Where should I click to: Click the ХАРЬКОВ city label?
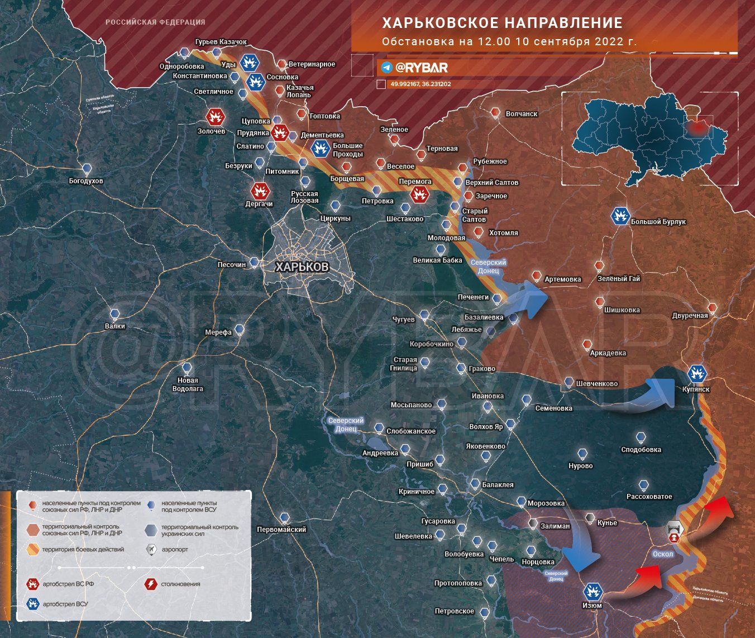tap(302, 267)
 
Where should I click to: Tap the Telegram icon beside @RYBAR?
tap(386, 68)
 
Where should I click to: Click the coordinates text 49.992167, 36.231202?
tap(420, 84)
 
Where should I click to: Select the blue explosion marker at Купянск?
tap(697, 373)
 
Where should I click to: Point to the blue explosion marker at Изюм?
tap(592, 591)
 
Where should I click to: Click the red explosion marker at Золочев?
tap(215, 117)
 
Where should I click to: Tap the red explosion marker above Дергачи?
tap(260, 191)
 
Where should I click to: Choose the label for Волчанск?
tap(521, 114)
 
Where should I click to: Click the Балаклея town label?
tap(498, 485)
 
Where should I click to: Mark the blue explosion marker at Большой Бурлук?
tap(620, 216)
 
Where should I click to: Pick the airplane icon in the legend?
tap(151, 550)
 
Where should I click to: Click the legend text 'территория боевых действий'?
tap(83, 550)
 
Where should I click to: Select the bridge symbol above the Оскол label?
tap(675, 530)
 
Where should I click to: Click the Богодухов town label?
tap(86, 181)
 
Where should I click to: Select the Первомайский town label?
tap(281, 530)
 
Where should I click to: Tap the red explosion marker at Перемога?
tap(419, 194)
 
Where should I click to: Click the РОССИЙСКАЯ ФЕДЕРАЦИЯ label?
tap(155, 22)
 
